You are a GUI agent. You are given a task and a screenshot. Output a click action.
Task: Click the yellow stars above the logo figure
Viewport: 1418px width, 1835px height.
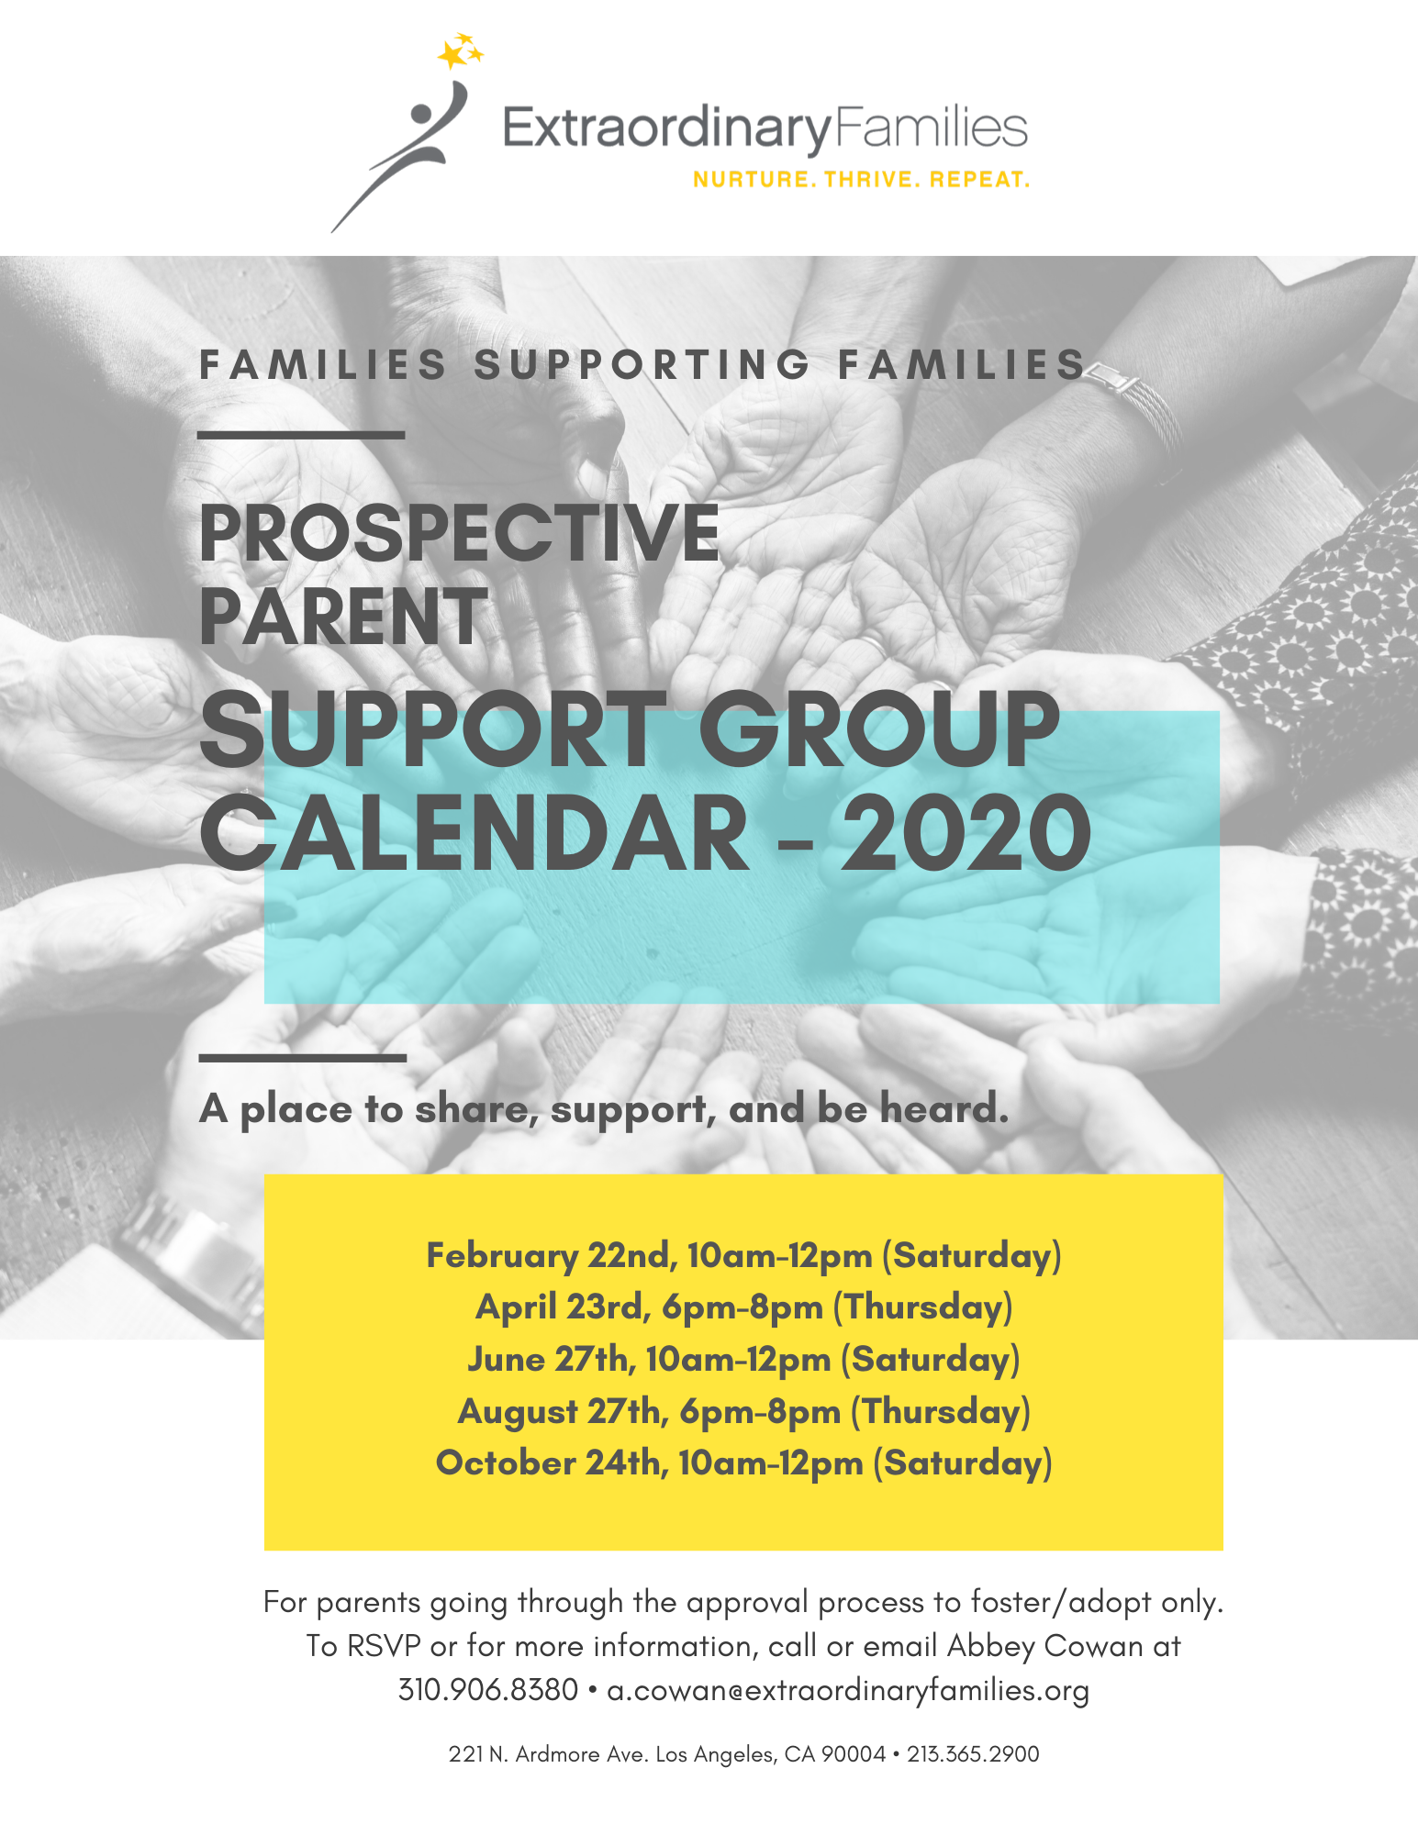pyautogui.click(x=460, y=51)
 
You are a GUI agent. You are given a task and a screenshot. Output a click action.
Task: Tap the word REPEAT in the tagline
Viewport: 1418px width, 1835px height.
pyautogui.click(x=979, y=179)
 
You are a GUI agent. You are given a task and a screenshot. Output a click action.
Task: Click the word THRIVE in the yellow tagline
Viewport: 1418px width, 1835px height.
pyautogui.click(x=871, y=179)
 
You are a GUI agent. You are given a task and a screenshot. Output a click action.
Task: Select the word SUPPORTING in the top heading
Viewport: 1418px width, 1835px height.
pyautogui.click(x=642, y=364)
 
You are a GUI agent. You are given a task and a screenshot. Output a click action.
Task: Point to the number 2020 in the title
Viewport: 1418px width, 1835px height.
pyautogui.click(x=966, y=833)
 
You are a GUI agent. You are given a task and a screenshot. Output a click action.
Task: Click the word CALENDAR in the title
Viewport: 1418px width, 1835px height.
pyautogui.click(x=475, y=833)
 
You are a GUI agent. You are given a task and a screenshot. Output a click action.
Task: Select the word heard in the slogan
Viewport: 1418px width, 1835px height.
pyautogui.click(x=944, y=1108)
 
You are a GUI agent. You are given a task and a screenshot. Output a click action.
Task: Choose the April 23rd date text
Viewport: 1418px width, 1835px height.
pyautogui.click(x=563, y=1307)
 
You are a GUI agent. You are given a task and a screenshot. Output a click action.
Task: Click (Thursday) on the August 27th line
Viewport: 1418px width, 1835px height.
pyautogui.click(x=941, y=1411)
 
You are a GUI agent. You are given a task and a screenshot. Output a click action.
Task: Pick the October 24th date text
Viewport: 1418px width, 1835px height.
pyautogui.click(x=552, y=1462)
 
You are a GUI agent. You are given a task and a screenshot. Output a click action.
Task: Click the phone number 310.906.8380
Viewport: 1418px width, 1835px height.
pyautogui.click(x=488, y=1689)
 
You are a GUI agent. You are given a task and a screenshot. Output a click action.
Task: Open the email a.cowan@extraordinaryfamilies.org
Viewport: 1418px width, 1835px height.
pyautogui.click(x=848, y=1690)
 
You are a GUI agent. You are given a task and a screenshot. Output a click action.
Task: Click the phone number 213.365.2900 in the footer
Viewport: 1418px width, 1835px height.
pyautogui.click(x=973, y=1754)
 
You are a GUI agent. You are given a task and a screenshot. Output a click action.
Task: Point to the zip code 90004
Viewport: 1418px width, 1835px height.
pyautogui.click(x=854, y=1754)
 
